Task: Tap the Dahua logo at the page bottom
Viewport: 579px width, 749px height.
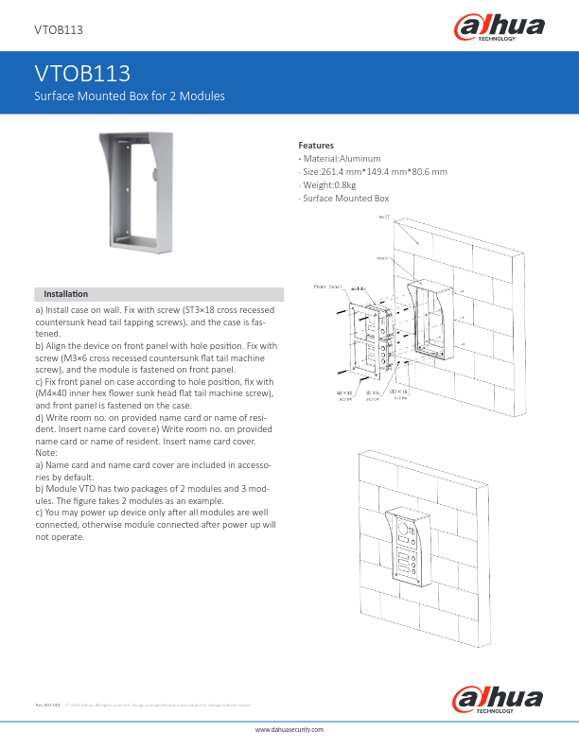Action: pos(499,701)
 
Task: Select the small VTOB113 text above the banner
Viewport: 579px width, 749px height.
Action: pos(59,30)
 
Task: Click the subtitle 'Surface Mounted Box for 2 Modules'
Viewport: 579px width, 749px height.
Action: pos(129,96)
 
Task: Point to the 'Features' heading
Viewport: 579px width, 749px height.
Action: pos(316,145)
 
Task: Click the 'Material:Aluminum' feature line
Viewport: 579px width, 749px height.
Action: pos(342,159)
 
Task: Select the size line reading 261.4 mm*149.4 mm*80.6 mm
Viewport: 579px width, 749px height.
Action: pos(375,172)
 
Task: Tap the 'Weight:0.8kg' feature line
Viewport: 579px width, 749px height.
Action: pos(332,185)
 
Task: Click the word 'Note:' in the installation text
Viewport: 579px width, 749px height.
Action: pos(47,453)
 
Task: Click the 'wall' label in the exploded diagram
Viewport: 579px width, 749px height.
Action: pos(385,217)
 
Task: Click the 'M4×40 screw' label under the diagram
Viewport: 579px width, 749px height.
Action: pos(344,393)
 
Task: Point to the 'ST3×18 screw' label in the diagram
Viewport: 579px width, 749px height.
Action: pos(400,393)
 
